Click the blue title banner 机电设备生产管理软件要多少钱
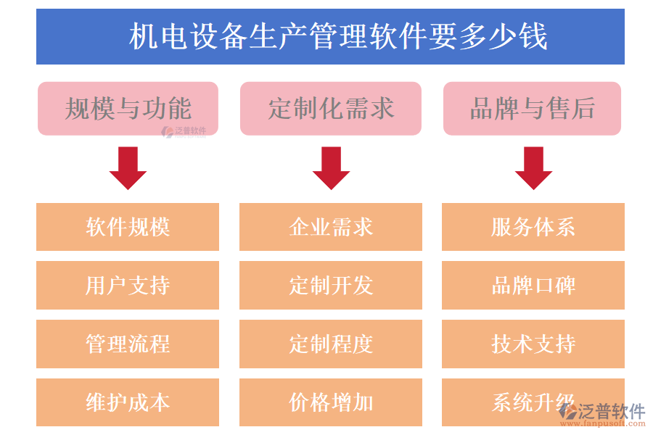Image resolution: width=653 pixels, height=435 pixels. (330, 36)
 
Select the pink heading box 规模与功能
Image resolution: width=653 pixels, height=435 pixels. (128, 108)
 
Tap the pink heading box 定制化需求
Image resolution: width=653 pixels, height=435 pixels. (331, 108)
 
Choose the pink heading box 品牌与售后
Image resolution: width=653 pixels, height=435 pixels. (532, 108)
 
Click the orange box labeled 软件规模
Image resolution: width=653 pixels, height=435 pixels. (128, 227)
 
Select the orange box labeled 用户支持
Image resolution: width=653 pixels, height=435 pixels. (128, 285)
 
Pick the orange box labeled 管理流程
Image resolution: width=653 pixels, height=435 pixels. (128, 344)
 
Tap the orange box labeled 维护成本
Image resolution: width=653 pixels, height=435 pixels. (128, 402)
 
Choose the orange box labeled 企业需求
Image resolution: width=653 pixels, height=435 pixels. (331, 227)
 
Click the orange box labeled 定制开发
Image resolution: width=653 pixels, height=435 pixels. (331, 285)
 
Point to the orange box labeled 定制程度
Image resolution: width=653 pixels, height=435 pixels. (331, 344)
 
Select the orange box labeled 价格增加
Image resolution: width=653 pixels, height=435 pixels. (331, 402)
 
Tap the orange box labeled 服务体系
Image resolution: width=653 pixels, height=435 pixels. (533, 227)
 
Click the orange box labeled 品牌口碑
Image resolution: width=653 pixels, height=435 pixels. (533, 285)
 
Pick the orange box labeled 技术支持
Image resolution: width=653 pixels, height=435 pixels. (533, 344)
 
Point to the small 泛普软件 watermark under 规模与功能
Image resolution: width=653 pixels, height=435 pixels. (184, 131)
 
